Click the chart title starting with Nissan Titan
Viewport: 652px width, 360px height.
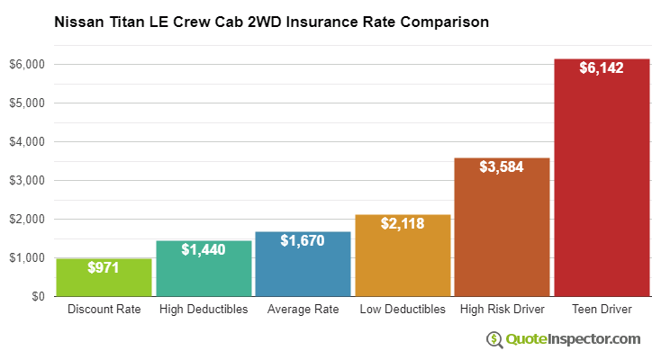(x=271, y=22)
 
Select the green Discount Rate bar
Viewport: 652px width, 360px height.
(x=104, y=281)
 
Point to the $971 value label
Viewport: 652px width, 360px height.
(x=104, y=267)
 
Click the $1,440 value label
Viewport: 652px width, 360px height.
(x=204, y=249)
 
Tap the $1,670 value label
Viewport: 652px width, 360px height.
(x=303, y=240)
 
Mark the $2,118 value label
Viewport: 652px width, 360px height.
(x=403, y=223)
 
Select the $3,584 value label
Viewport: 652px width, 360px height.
(x=502, y=166)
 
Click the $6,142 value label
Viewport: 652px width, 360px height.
(x=602, y=67)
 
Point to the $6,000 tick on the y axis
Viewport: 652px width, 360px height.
(x=27, y=65)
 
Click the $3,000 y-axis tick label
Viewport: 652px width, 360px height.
(x=27, y=181)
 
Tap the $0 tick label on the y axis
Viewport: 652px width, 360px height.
(x=37, y=297)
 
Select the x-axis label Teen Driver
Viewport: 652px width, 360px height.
(x=602, y=310)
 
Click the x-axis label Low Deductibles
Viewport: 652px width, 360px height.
(x=403, y=310)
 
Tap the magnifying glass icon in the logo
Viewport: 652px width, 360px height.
(x=495, y=339)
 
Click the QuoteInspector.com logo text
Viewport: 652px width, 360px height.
(x=573, y=338)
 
